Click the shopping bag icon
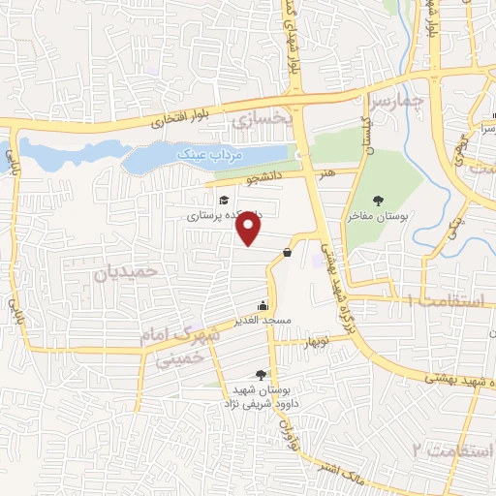point(288,252)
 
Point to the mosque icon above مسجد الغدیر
point(263,306)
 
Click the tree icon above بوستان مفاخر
point(377,201)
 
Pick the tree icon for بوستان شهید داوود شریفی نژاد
point(260,374)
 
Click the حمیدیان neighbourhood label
point(126,271)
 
